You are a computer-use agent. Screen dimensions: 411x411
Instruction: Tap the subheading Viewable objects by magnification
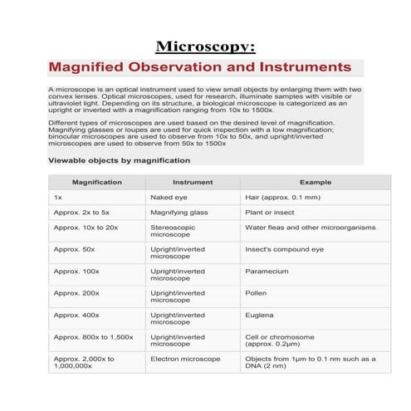(120, 160)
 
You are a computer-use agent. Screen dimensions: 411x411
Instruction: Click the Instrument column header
(192, 183)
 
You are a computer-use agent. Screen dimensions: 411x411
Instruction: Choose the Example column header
(315, 183)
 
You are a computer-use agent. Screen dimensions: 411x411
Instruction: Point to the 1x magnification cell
(58, 198)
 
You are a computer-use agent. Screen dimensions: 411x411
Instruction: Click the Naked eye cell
(168, 198)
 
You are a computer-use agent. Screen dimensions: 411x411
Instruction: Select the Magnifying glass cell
(179, 213)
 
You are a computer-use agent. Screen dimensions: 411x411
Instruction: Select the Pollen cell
(256, 293)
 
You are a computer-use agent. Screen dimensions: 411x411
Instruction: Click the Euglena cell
(259, 316)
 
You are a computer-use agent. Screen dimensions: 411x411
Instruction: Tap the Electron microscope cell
(186, 359)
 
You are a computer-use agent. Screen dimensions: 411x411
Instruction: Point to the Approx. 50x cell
(74, 249)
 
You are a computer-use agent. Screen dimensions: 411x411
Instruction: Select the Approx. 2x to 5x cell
(81, 213)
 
